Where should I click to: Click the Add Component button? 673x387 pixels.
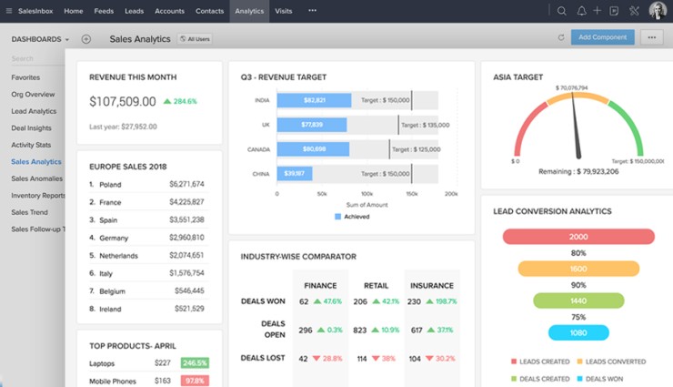[x=602, y=37]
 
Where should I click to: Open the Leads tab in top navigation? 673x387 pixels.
[x=134, y=11]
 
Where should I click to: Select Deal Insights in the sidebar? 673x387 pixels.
[x=31, y=128]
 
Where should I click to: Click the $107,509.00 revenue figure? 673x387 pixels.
[x=123, y=101]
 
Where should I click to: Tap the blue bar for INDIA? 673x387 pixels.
[x=314, y=100]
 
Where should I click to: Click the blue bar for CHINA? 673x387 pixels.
[x=295, y=173]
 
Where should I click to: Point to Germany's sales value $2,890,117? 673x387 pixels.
[x=186, y=237]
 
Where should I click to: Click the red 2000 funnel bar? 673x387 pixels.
[x=578, y=237]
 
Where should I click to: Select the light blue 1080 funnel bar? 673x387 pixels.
[x=578, y=332]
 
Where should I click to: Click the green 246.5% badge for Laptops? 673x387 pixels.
[x=195, y=363]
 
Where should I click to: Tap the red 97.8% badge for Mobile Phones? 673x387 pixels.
[x=195, y=381]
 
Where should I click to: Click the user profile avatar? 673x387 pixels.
[x=657, y=11]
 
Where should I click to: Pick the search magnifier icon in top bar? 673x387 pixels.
[x=561, y=11]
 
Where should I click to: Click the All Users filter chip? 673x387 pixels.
[x=196, y=39]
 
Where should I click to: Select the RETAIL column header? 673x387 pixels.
[x=376, y=285]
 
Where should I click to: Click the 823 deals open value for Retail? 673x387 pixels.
[x=360, y=330]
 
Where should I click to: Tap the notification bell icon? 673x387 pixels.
[x=581, y=11]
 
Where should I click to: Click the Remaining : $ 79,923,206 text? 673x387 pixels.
[x=578, y=171]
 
